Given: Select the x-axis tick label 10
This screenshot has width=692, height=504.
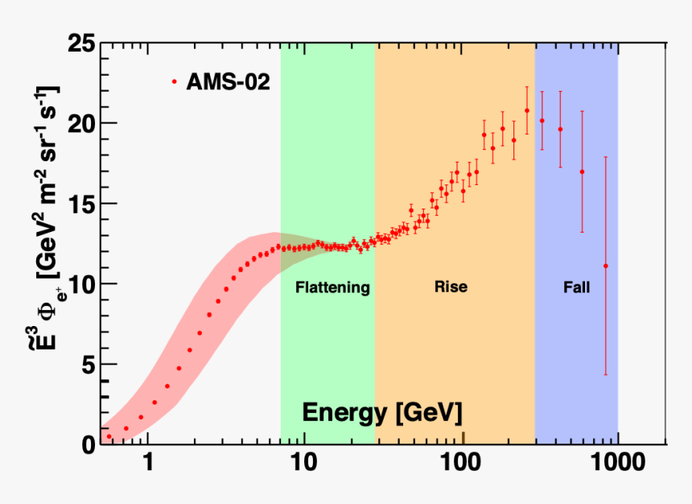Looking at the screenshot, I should (303, 463).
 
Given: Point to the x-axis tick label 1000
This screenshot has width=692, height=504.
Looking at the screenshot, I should (616, 463).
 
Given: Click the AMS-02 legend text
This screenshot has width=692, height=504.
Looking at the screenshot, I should (223, 81).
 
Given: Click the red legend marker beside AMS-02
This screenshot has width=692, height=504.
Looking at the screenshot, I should (173, 81).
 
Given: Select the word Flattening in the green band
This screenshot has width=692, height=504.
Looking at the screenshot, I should (332, 287).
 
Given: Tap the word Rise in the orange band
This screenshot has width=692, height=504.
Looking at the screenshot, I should (451, 287).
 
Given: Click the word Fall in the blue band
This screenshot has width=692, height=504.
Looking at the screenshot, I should (576, 287).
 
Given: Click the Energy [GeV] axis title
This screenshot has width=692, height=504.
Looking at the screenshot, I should (382, 413).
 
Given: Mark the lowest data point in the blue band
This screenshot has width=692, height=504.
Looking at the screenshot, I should (605, 266).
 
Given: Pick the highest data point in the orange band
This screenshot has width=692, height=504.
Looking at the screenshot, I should (527, 110).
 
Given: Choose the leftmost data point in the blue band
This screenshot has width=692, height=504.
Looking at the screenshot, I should (542, 121).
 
